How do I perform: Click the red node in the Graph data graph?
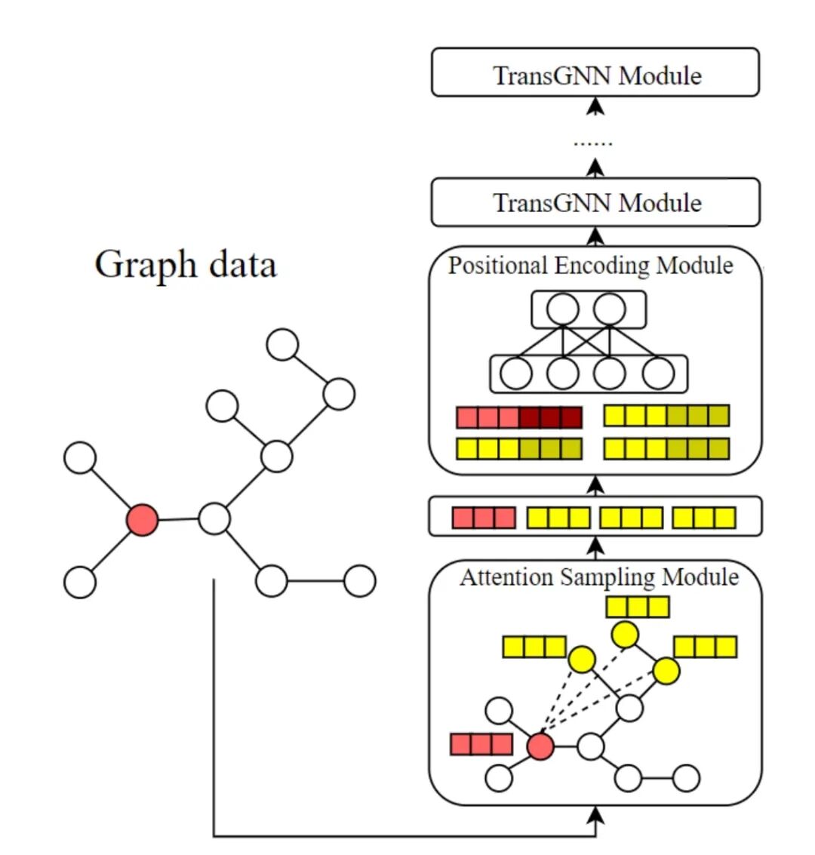(x=142, y=521)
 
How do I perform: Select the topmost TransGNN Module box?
(x=595, y=73)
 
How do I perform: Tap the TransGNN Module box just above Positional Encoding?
(x=595, y=201)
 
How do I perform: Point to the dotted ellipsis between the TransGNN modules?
(x=593, y=142)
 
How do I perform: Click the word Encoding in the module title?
(x=601, y=266)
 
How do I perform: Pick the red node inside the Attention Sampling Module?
(x=540, y=747)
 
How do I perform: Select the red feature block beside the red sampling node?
(x=481, y=744)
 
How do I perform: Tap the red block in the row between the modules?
(x=484, y=518)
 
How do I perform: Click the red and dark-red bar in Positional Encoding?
(x=519, y=417)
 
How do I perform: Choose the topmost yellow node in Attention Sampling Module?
(x=626, y=635)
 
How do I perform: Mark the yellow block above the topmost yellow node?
(x=638, y=607)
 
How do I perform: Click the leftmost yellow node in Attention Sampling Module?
(x=581, y=660)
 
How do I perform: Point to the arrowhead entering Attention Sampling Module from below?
(x=596, y=813)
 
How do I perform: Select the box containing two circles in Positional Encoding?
(x=589, y=310)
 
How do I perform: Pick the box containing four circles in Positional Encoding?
(x=589, y=374)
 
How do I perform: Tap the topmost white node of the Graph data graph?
(x=283, y=344)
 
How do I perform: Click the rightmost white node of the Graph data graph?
(x=360, y=581)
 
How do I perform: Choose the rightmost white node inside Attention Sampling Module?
(x=685, y=778)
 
